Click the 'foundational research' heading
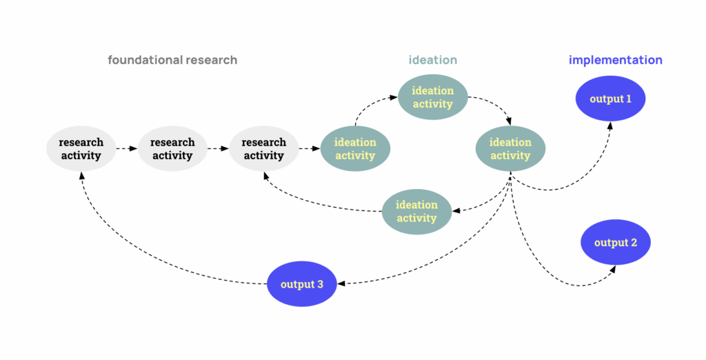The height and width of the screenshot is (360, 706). coord(172,60)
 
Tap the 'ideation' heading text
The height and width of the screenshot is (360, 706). coord(432,60)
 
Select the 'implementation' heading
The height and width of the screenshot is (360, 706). coord(615,60)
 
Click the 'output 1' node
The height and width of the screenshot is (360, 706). coord(610,99)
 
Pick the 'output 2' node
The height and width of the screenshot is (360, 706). coord(615,243)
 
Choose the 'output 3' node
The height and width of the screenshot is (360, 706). coord(302,283)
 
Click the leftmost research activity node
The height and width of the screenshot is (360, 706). coord(81,149)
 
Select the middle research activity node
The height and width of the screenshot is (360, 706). coord(172,149)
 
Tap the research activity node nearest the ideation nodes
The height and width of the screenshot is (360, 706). coord(263,149)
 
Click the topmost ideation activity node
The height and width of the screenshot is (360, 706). coord(432,97)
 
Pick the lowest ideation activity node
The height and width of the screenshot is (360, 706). coord(416,212)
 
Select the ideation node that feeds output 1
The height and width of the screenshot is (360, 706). coord(510,149)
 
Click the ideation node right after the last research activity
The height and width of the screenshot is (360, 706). coord(355,149)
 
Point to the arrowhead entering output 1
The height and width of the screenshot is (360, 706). coord(610,125)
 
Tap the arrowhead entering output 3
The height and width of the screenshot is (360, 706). coord(342,283)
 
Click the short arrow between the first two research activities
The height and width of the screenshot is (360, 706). coord(126,148)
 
